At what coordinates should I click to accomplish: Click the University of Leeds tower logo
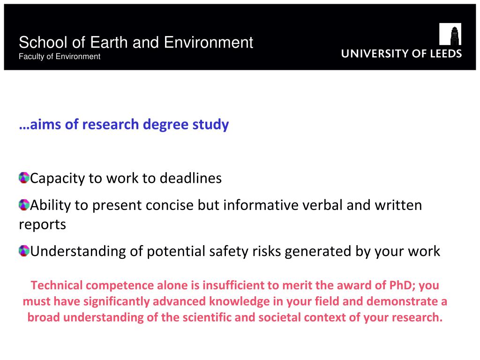450,34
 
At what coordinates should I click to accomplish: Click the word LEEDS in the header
446,53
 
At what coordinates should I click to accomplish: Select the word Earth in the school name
109,42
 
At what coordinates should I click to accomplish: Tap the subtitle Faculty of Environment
60,57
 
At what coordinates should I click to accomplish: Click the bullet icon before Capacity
24,178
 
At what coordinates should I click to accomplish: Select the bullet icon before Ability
24,205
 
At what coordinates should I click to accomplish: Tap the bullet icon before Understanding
24,251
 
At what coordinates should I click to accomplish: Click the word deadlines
191,178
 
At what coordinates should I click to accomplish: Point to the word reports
43,225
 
